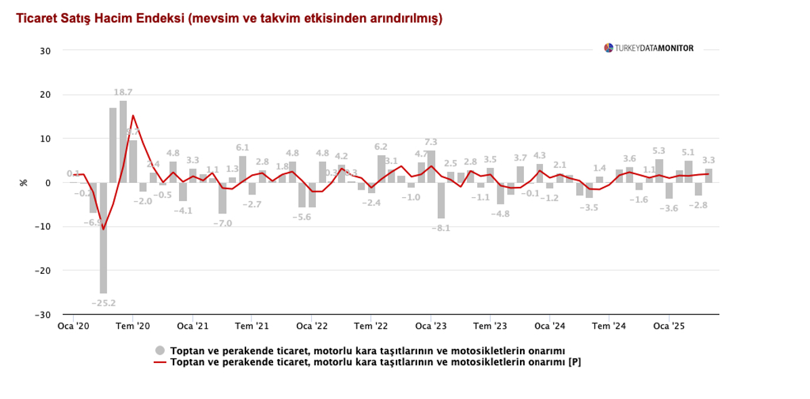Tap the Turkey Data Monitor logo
tap(649, 48)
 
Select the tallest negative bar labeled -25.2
tap(103, 237)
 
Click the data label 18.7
tap(123, 92)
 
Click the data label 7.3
tap(430, 142)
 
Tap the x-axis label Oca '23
tap(430, 327)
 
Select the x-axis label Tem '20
tap(134, 327)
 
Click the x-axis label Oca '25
tap(669, 327)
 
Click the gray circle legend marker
tap(160, 350)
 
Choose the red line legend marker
tap(160, 362)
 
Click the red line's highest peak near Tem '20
tap(133, 115)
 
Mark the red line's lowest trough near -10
tap(103, 229)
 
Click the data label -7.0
tap(223, 223)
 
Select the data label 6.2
tap(381, 147)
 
